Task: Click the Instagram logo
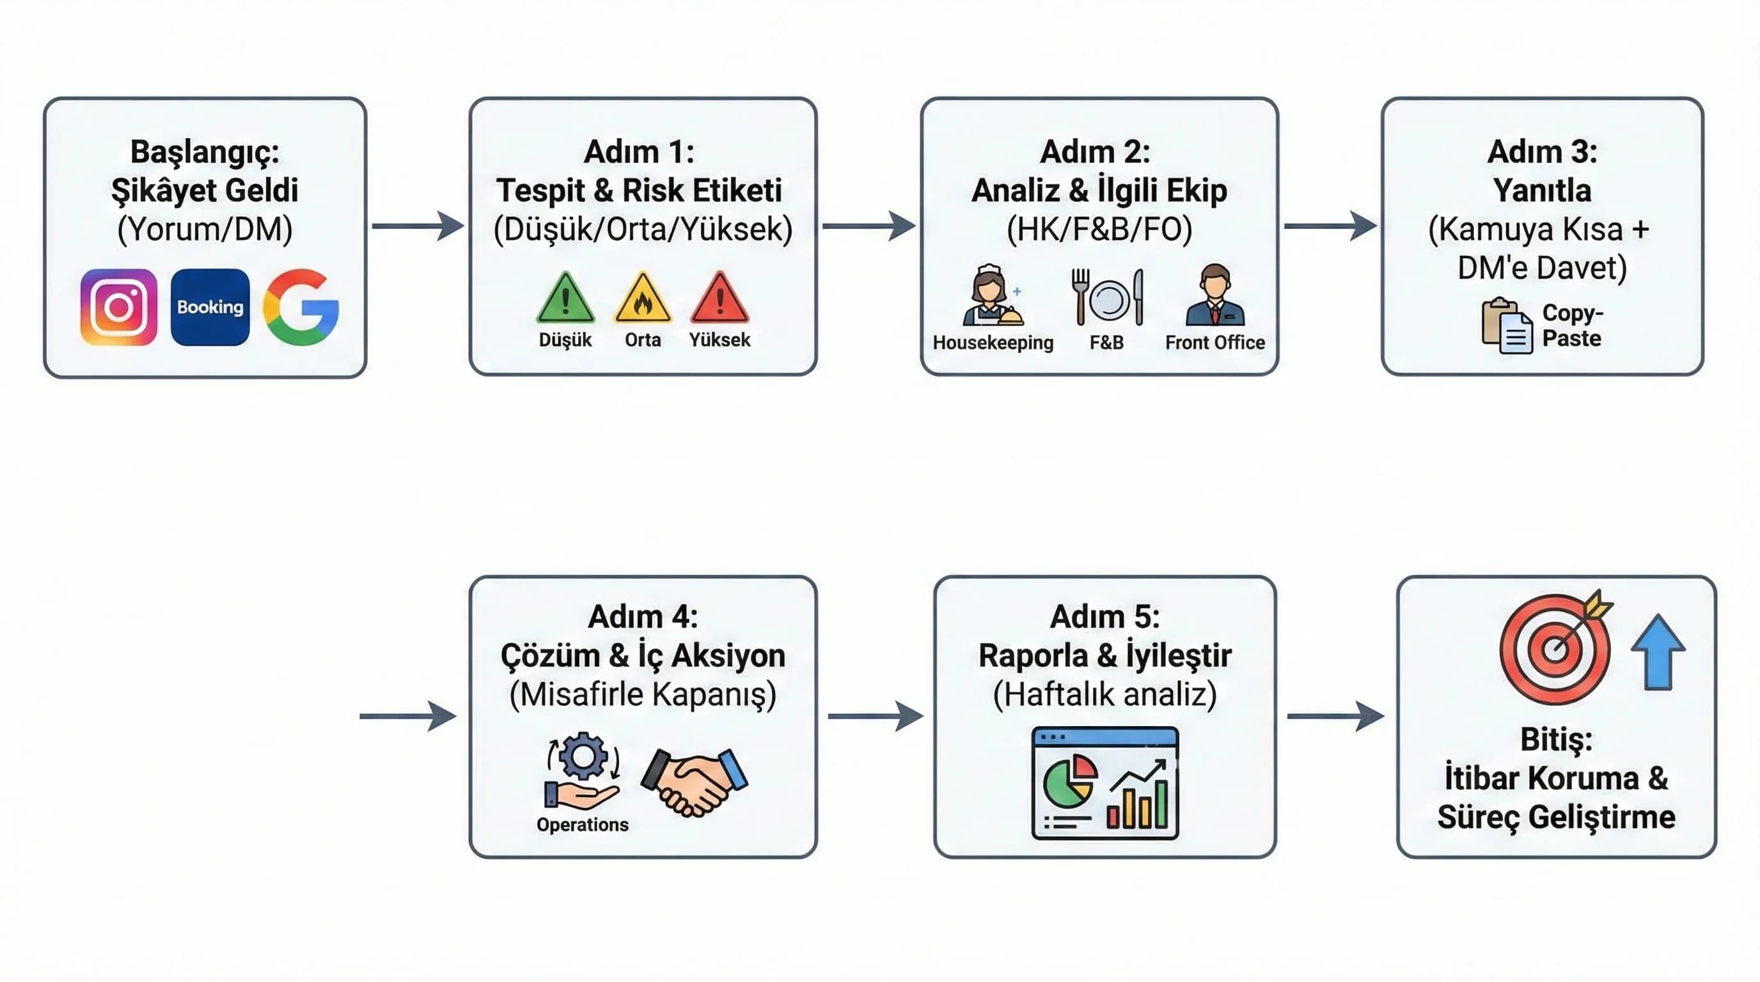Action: pyautogui.click(x=118, y=307)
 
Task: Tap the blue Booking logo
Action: pyautogui.click(x=210, y=307)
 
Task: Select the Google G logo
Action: pyautogui.click(x=301, y=307)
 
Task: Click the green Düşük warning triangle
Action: pyautogui.click(x=565, y=300)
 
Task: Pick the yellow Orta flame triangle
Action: pyautogui.click(x=642, y=300)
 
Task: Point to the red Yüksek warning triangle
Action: pyautogui.click(x=719, y=300)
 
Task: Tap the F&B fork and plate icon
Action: pyautogui.click(x=1107, y=298)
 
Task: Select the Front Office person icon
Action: pyautogui.click(x=1214, y=297)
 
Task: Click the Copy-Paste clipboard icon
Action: pyautogui.click(x=1507, y=326)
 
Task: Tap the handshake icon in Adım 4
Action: pyautogui.click(x=694, y=782)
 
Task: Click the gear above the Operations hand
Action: pyautogui.click(x=583, y=755)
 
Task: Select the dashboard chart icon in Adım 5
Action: pyautogui.click(x=1104, y=783)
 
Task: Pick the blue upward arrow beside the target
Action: pyautogui.click(x=1658, y=652)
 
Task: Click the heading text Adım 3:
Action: pyautogui.click(x=1542, y=152)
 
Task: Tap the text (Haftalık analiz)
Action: pyautogui.click(x=1104, y=694)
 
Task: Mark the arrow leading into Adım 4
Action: pyautogui.click(x=407, y=715)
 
